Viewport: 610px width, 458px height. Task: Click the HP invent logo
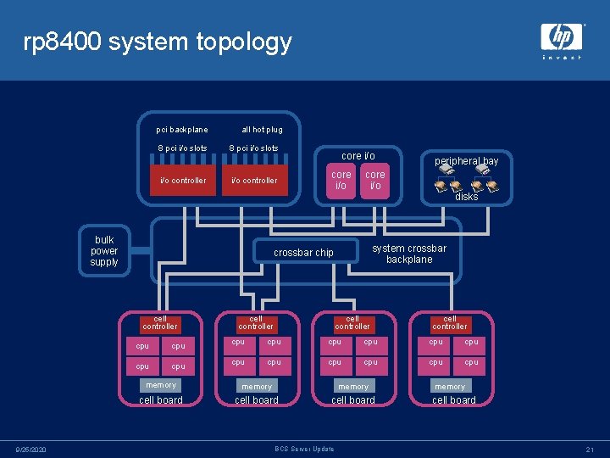pos(562,40)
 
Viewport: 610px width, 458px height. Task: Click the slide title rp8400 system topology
pos(158,42)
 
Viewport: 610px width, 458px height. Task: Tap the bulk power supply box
pos(104,251)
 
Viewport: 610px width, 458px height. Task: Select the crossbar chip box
pos(303,253)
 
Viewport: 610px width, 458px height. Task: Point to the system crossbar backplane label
pos(409,254)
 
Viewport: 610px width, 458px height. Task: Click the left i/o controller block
pos(183,180)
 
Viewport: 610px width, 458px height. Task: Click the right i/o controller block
pos(254,180)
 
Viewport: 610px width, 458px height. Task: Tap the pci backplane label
pos(181,130)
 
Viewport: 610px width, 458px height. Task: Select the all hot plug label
pos(262,130)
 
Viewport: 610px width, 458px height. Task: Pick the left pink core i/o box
pos(341,181)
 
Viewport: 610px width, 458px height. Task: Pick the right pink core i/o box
pos(374,181)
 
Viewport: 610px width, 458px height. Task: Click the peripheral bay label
pos(467,161)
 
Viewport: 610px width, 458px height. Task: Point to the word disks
pos(467,197)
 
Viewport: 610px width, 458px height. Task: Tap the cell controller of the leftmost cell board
pos(160,323)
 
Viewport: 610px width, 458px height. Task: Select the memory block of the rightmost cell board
pos(450,387)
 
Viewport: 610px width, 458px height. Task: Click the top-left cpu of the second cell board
pos(238,342)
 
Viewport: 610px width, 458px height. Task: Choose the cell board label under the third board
pos(352,400)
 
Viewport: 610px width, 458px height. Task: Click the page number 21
pos(589,449)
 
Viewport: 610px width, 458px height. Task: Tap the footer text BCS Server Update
pos(305,449)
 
